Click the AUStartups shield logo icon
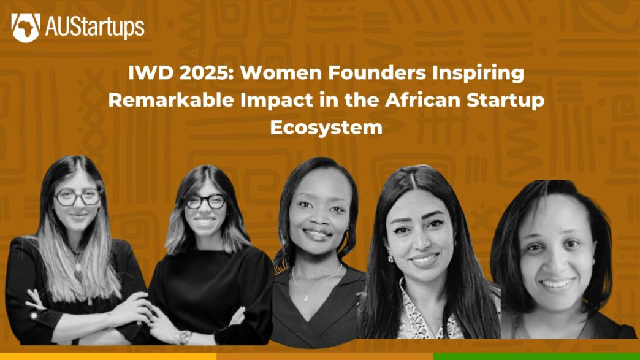[x=26, y=28]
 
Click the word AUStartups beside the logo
[x=94, y=28]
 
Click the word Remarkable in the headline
[x=171, y=101]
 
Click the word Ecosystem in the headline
[x=326, y=128]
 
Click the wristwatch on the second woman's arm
[x=185, y=337]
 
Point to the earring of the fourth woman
[x=390, y=259]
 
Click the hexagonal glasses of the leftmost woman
[x=78, y=197]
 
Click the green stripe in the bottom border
[x=536, y=356]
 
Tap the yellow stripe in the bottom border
[x=108, y=356]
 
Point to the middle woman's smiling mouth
[x=317, y=234]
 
